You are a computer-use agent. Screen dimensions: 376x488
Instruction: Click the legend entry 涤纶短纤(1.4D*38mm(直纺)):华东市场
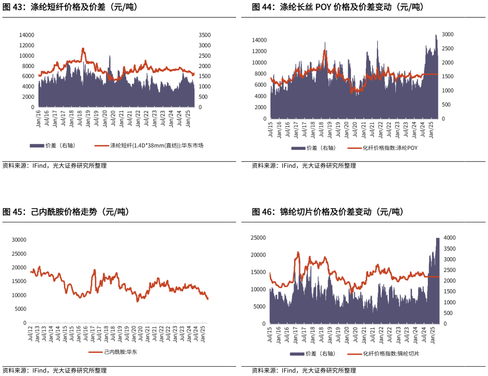[156, 146]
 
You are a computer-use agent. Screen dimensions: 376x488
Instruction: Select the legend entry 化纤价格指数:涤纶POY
[390, 148]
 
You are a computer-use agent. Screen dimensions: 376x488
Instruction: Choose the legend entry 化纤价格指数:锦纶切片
[391, 354]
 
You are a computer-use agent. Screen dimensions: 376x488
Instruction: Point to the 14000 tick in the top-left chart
[27, 35]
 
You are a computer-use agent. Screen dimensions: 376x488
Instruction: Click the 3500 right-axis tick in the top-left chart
[204, 35]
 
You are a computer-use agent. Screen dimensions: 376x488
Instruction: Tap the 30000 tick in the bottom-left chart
[19, 240]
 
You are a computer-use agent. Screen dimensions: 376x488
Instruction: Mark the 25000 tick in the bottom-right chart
[258, 238]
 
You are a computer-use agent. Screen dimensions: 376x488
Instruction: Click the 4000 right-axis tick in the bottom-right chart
[450, 238]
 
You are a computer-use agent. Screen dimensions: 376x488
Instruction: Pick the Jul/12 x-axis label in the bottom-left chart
[31, 334]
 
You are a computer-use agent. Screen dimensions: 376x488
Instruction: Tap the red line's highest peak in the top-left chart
[83, 48]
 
